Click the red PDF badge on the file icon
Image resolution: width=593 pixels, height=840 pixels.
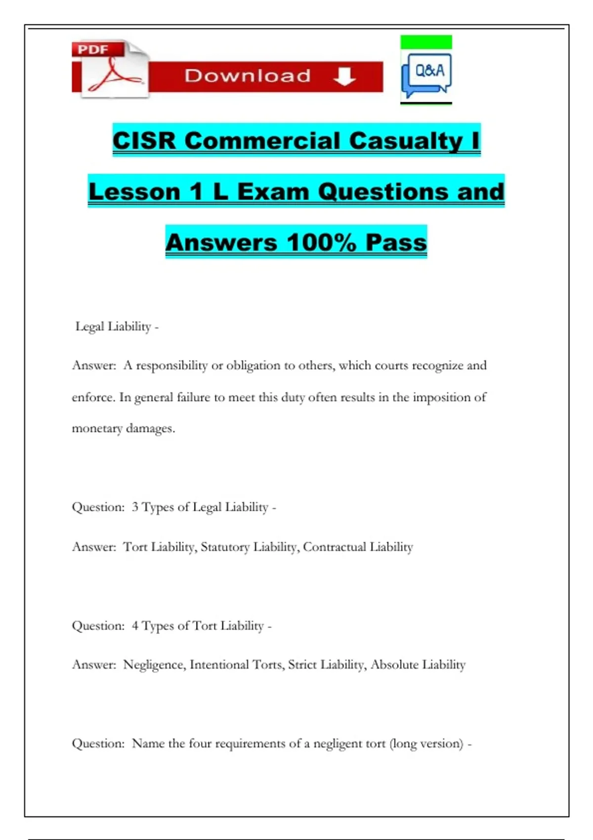93,49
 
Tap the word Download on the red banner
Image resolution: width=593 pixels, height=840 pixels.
248,76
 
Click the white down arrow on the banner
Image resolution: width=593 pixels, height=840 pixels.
344,77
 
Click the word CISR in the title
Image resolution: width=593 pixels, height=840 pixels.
144,141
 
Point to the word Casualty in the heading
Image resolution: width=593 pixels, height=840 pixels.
406,141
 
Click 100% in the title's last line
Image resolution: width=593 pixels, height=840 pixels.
321,243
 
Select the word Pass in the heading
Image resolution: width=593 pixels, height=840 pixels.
396,243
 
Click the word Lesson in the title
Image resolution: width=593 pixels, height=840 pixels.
134,192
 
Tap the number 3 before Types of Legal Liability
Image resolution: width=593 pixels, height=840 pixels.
135,507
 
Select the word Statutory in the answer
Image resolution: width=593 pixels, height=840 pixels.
225,547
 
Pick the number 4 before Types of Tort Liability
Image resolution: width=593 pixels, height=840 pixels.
135,626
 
